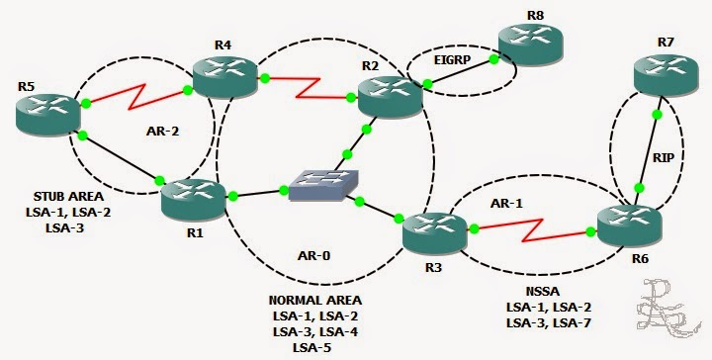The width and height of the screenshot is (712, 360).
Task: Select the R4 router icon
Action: pos(222,73)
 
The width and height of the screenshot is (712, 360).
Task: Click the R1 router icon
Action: pos(194,197)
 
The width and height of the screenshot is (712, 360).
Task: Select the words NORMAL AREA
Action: pos(315,300)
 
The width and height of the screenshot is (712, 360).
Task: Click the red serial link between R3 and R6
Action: pos(533,230)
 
